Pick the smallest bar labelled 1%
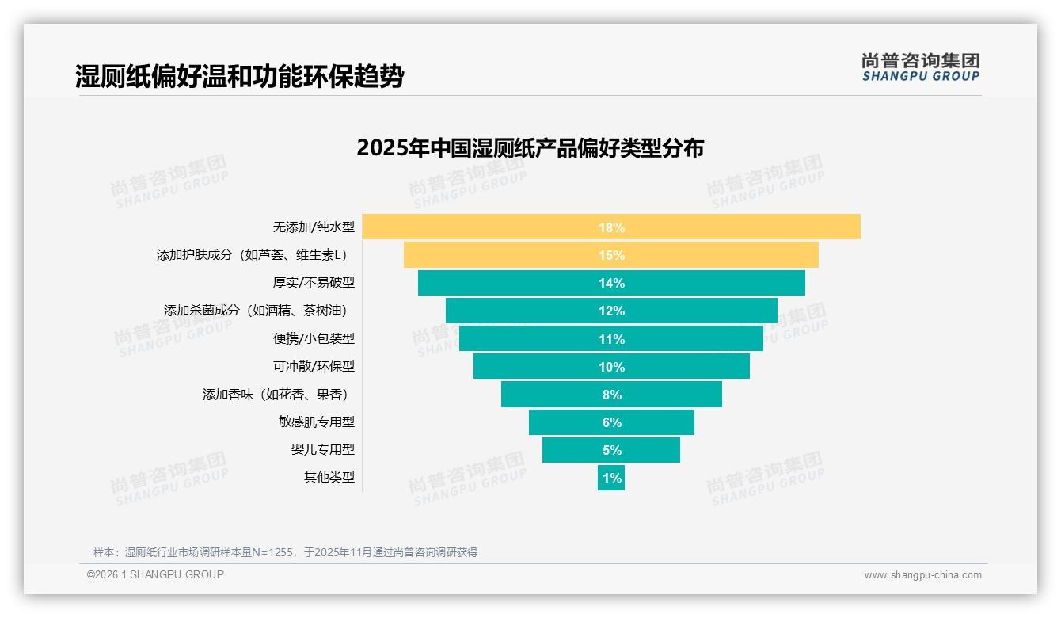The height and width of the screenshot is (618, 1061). coord(610,478)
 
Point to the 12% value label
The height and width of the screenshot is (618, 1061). coord(611,311)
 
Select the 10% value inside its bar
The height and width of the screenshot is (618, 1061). coord(611,367)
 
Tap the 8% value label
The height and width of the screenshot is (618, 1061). coord(611,395)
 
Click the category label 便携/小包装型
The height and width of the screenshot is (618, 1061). coord(314,338)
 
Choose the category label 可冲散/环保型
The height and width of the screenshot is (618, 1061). coord(314,366)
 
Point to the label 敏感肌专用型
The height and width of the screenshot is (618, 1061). coord(316,422)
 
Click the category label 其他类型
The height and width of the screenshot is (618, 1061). coord(329,477)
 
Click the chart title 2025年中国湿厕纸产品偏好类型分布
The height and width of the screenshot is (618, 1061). coord(530,148)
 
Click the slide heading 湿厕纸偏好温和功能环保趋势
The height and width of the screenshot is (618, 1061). coord(239,76)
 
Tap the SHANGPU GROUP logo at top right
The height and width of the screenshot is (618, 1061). coord(920,67)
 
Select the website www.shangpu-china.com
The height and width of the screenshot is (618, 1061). coord(922,575)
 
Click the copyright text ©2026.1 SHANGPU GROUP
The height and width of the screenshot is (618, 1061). coord(155,574)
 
